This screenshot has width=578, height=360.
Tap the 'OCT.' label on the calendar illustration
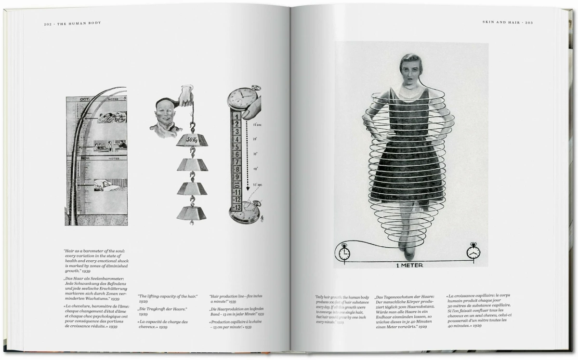78,99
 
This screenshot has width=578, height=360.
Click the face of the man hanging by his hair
166,113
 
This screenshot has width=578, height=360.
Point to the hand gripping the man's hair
187,95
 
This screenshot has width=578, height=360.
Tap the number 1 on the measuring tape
238,116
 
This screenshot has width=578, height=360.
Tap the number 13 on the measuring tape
237,207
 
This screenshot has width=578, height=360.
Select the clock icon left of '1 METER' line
344,253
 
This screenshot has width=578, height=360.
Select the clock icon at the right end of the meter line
473,252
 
